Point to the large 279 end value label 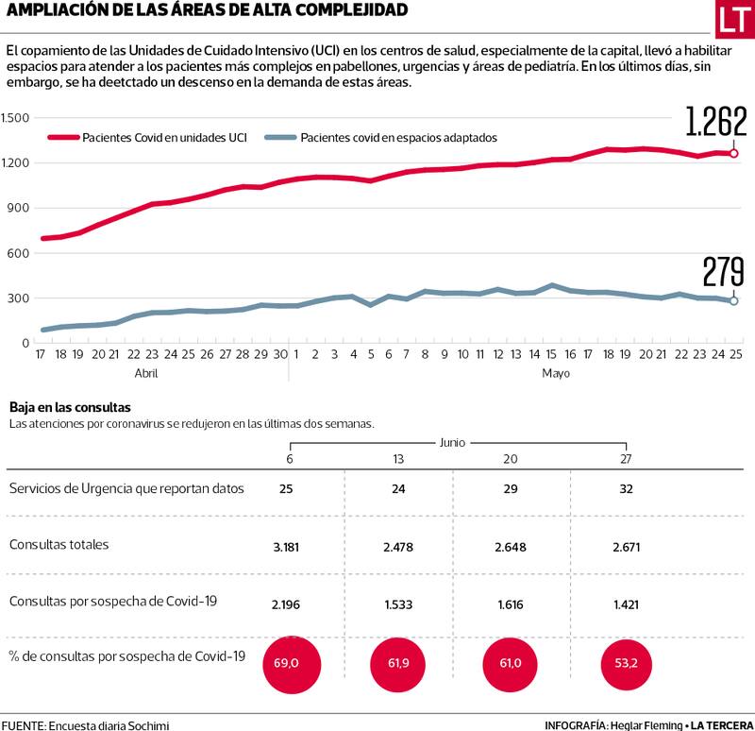[724, 271]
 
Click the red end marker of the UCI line [734, 153]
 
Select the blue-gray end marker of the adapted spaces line [734, 301]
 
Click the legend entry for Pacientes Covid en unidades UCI [147, 137]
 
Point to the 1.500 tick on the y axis [16, 118]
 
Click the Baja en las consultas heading [70, 408]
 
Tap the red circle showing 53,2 [625, 663]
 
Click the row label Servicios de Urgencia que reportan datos [126, 488]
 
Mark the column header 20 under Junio [512, 459]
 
